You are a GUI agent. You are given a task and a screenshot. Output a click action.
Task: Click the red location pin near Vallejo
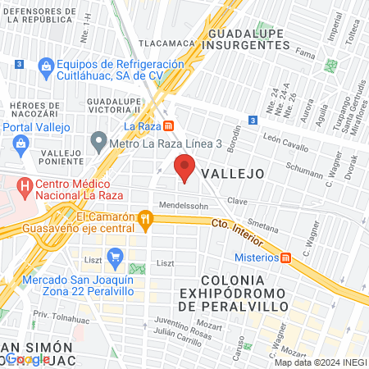185,170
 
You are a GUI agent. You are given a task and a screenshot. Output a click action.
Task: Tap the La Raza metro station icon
168,126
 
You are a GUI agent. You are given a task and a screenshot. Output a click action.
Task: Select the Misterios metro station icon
286,257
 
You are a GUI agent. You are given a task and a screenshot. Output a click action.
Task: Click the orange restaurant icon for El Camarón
146,217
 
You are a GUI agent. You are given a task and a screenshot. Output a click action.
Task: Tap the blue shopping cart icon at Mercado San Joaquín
115,255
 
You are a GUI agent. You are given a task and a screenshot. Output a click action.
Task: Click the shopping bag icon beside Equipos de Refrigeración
45,66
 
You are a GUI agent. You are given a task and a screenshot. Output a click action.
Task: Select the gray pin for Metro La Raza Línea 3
98,141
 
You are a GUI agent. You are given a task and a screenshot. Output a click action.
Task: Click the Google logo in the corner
27,359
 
